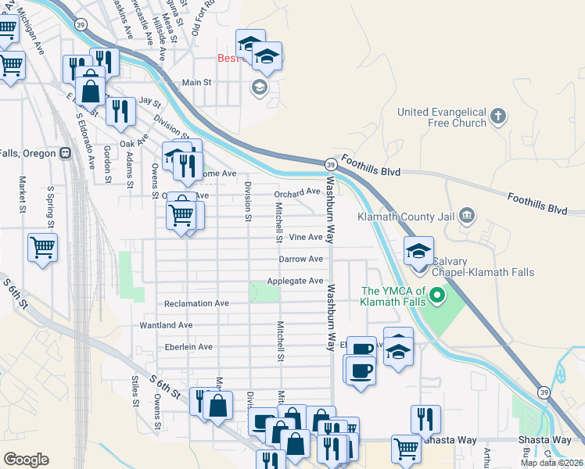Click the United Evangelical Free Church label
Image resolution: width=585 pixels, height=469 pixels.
pyautogui.click(x=441, y=117)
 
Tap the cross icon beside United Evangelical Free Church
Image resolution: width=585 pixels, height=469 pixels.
pyautogui.click(x=499, y=117)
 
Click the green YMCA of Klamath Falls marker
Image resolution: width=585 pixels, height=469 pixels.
pyautogui.click(x=437, y=296)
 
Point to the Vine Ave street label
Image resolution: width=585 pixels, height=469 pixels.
pyautogui.click(x=305, y=237)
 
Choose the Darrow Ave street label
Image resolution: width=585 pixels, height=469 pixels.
pyautogui.click(x=300, y=259)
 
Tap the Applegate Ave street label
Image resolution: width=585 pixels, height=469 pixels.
pyautogui.click(x=295, y=281)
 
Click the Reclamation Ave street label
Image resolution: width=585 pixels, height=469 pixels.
pyautogui.click(x=196, y=303)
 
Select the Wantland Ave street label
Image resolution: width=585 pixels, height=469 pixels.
pyautogui.click(x=166, y=324)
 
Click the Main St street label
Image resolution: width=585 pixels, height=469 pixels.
pyautogui.click(x=196, y=82)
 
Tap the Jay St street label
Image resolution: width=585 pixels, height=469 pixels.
pyautogui.click(x=149, y=102)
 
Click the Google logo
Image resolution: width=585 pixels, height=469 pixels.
pyautogui.click(x=26, y=459)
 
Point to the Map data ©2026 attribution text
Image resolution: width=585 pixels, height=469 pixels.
pyautogui.click(x=551, y=463)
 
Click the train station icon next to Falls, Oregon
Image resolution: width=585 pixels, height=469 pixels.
pyautogui.click(x=65, y=152)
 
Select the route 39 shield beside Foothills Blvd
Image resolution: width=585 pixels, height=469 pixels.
pyautogui.click(x=331, y=163)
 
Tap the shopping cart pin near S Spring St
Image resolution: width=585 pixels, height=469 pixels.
pyautogui.click(x=42, y=248)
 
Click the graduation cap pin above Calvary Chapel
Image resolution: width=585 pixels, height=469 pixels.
pyautogui.click(x=418, y=251)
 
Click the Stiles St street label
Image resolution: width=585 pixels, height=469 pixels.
pyautogui.click(x=135, y=391)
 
